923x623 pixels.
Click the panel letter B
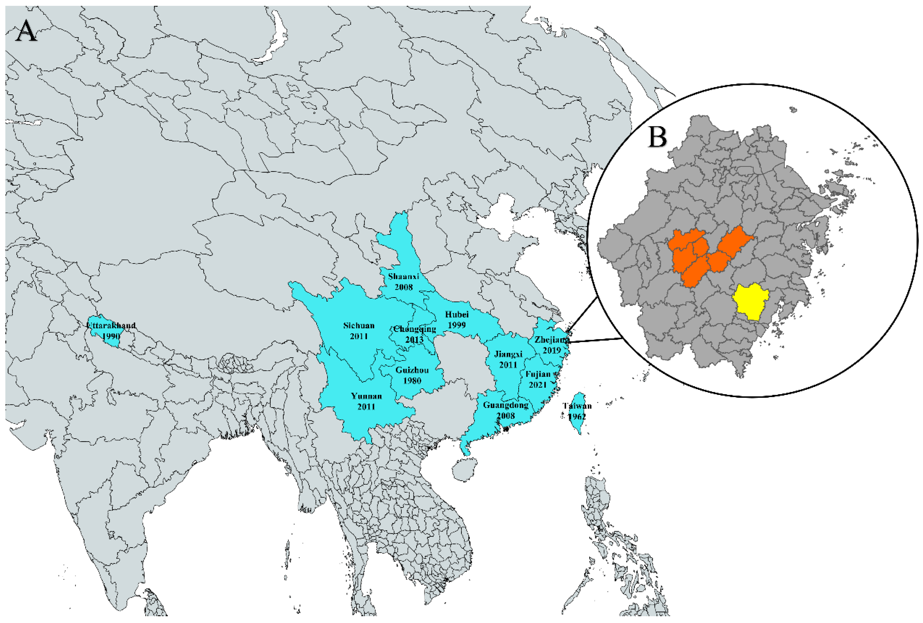pyautogui.click(x=657, y=137)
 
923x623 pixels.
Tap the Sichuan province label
pyautogui.click(x=359, y=326)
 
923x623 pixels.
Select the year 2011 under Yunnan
pyautogui.click(x=366, y=407)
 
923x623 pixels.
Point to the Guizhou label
pyautogui.click(x=412, y=370)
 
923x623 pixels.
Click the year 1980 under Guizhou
pyautogui.click(x=412, y=381)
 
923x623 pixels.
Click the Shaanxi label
pyautogui.click(x=403, y=276)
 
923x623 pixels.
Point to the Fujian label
pyautogui.click(x=538, y=374)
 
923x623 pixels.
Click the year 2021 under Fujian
pyautogui.click(x=538, y=385)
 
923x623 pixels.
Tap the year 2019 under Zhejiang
pyautogui.click(x=551, y=350)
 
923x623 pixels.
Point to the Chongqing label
pyautogui.click(x=414, y=329)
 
